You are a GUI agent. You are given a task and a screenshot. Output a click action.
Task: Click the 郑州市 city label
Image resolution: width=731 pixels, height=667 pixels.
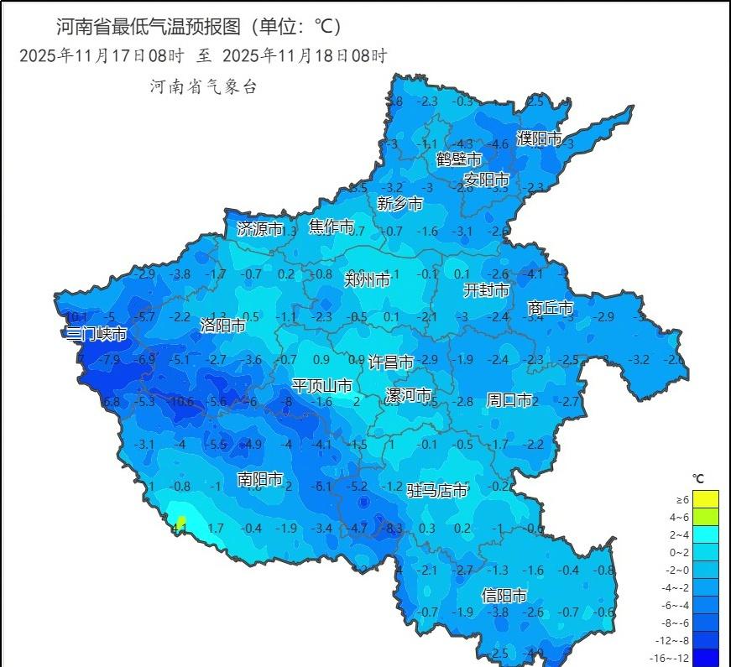[x=367, y=280]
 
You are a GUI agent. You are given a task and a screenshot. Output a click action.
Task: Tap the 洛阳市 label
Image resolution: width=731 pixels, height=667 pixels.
[x=222, y=325]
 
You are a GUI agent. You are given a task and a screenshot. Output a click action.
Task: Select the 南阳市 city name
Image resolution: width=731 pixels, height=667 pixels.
[x=260, y=479]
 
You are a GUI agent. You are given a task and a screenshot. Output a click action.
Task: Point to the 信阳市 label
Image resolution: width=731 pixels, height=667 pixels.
[x=504, y=595]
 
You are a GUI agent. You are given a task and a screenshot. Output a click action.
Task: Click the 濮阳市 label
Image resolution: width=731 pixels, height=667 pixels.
[x=539, y=138]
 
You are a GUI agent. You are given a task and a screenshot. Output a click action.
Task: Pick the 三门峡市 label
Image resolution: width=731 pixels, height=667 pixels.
[x=97, y=334]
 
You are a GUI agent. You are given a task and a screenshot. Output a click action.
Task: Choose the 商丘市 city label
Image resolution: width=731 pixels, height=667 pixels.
[x=550, y=308]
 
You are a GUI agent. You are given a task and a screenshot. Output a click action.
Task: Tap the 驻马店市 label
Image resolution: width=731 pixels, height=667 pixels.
[x=437, y=490]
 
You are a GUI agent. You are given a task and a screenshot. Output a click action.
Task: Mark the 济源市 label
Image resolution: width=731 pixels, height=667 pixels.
[x=260, y=228]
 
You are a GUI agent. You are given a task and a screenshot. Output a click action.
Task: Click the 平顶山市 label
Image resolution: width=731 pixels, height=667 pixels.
[x=322, y=386]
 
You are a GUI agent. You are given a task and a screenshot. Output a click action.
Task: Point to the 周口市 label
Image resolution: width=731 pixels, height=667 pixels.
[x=509, y=400]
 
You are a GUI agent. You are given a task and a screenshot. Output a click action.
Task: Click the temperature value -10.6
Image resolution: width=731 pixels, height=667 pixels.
[x=180, y=402]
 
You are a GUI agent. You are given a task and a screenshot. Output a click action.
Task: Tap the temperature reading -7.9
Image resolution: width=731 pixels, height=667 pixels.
[x=110, y=360]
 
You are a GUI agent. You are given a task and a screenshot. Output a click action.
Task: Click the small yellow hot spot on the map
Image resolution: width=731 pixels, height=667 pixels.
[x=180, y=524]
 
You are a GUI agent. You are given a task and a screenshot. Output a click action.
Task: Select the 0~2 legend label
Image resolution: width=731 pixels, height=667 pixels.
[x=676, y=553]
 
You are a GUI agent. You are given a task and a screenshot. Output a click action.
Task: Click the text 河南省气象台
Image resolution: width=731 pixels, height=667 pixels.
[x=203, y=87]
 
